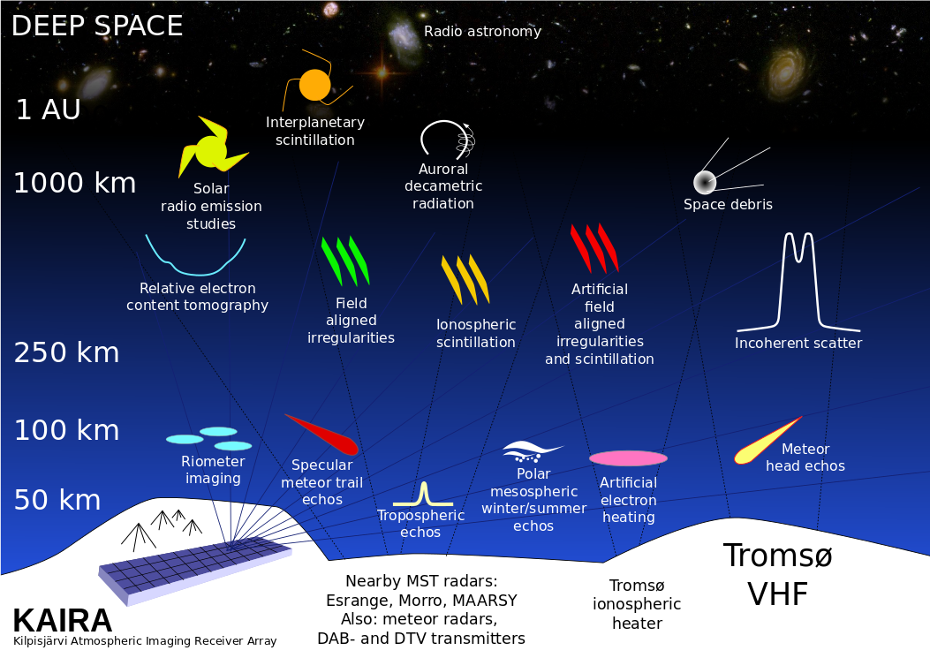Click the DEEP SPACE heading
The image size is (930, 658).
[97, 26]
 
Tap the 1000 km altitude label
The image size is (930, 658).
[75, 183]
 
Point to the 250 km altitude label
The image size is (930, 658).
[66, 352]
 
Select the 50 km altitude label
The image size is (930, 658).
[57, 500]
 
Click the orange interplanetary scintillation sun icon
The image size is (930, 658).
[315, 85]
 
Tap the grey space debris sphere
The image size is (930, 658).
[705, 182]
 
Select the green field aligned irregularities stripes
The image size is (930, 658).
[345, 261]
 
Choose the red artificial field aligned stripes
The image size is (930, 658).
[594, 248]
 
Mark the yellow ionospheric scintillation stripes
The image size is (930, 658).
[465, 279]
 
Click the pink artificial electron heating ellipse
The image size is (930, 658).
[628, 458]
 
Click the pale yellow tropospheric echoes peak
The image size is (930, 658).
[423, 495]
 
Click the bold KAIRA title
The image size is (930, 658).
[63, 621]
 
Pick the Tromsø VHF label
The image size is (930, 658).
[777, 575]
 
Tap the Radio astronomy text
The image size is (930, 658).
[482, 32]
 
